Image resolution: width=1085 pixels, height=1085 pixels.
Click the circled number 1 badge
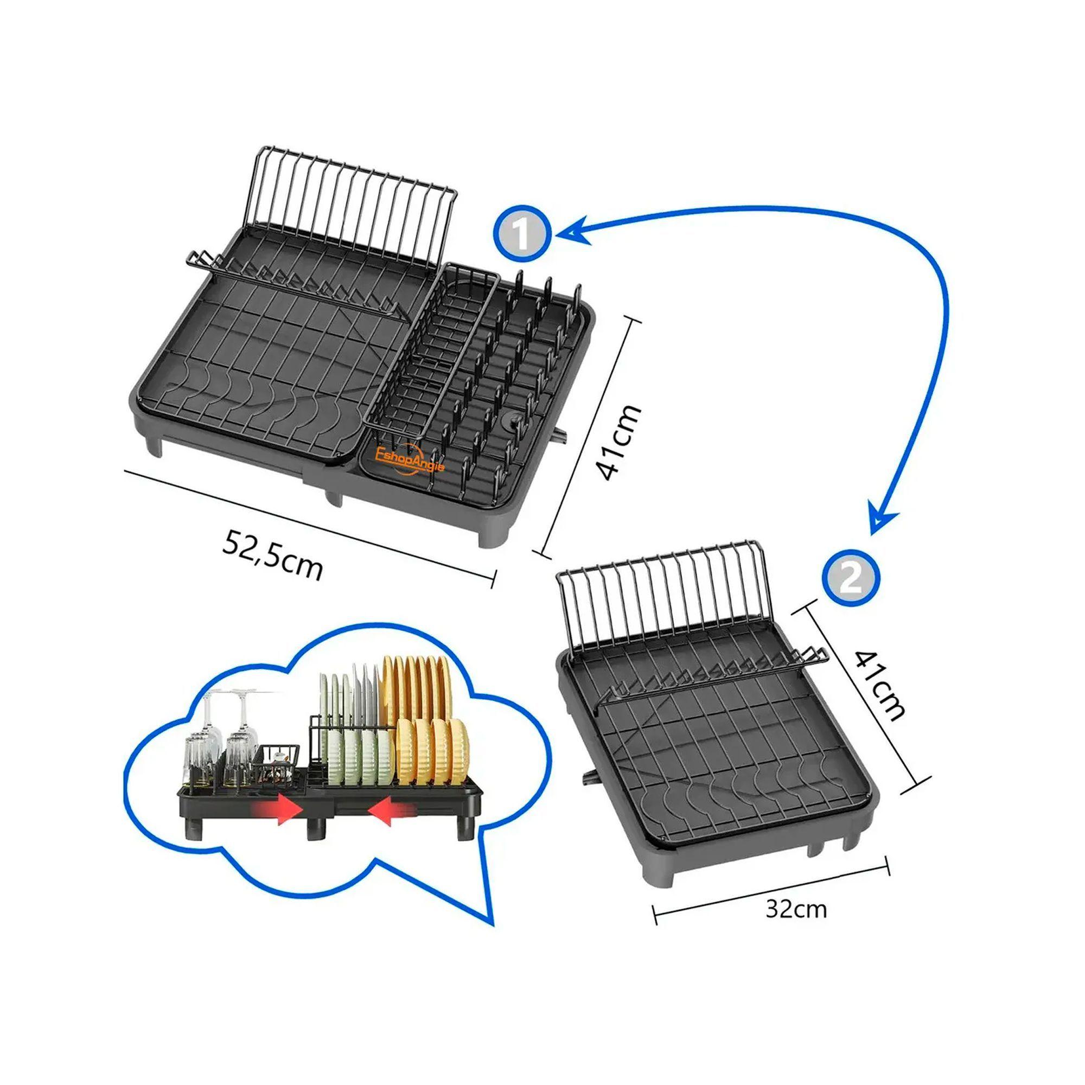point(522,235)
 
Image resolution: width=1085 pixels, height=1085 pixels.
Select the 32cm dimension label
point(796,909)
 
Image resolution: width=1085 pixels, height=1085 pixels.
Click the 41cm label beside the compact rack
point(879,686)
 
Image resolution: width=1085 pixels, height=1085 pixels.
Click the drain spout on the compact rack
point(589,777)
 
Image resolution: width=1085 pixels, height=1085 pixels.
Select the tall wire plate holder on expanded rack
point(351,208)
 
